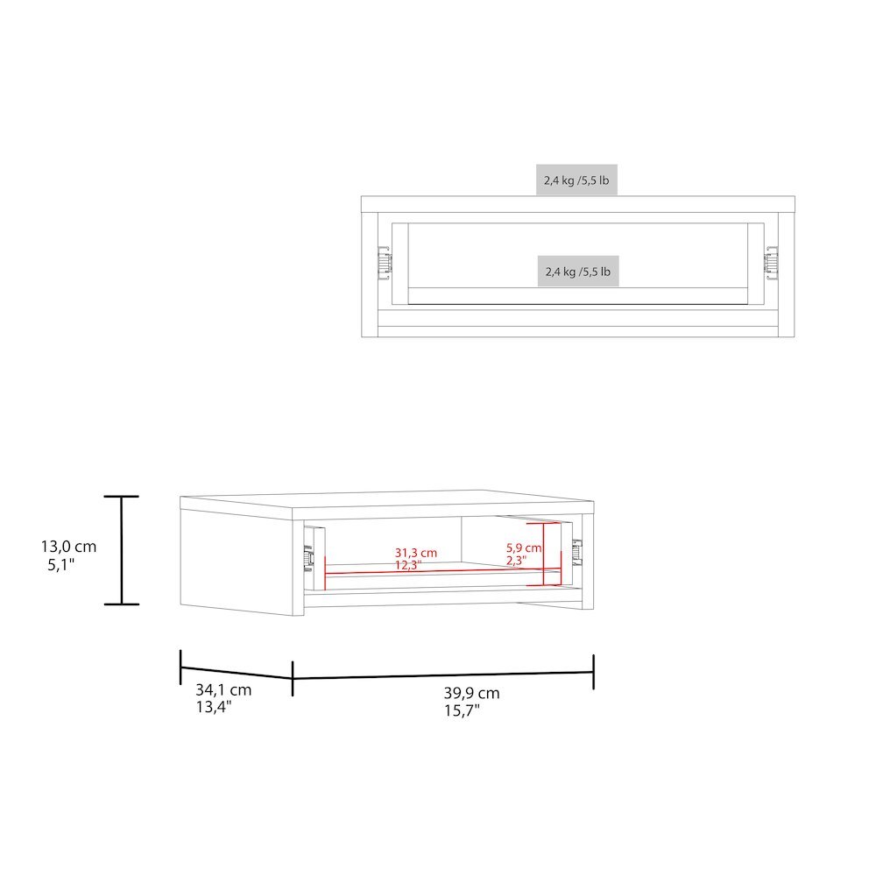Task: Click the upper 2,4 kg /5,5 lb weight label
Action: [576, 180]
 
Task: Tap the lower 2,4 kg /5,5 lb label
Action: [578, 272]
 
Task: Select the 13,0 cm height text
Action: [68, 547]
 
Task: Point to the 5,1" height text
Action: [61, 565]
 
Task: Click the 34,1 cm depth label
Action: [223, 690]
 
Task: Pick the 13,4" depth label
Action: [214, 707]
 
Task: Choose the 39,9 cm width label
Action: [472, 693]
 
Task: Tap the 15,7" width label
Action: [462, 710]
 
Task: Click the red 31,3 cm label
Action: [416, 553]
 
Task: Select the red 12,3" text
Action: [408, 565]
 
